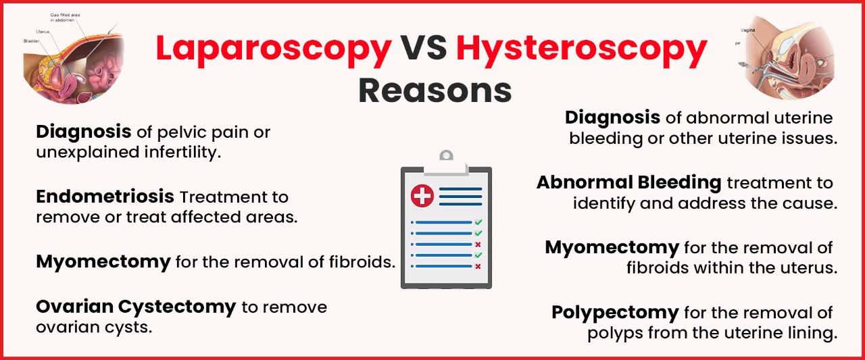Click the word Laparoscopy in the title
tap(273, 49)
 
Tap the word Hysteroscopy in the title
tap(581, 49)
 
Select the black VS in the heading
tap(424, 49)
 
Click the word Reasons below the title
tap(434, 90)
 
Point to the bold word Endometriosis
tap(105, 197)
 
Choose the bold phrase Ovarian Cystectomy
tap(135, 307)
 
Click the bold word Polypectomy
tap(614, 313)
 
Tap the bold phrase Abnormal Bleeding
tap(628, 182)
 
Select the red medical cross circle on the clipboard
tap(422, 196)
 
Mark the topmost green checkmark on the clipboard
tap(478, 222)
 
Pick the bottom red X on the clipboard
tap(478, 266)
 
